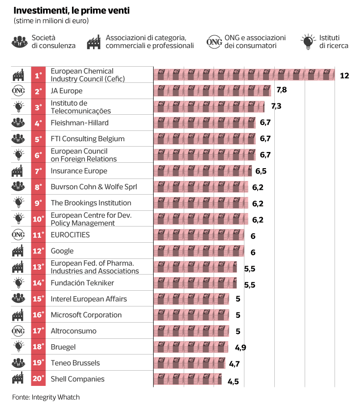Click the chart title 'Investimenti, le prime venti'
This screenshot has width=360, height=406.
tap(72, 10)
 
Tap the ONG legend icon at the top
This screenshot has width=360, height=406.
tap(215, 42)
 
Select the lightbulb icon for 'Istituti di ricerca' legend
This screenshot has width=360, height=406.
tap(308, 42)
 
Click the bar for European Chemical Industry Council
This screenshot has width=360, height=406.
tap(244, 75)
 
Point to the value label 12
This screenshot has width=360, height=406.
tap(344, 75)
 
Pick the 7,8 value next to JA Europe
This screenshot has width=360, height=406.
tap(282, 90)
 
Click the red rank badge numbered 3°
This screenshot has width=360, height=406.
tap(38, 107)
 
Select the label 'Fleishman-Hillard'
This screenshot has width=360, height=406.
tap(80, 123)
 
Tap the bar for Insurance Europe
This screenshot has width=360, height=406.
tap(203, 171)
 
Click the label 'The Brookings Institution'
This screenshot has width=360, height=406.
tap(91, 203)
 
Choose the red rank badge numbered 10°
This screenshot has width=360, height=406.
tap(38, 219)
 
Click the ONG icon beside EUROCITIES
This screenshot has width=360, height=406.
tap(18, 235)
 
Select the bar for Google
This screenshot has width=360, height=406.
tap(199, 251)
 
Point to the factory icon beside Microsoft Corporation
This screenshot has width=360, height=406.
tap(18, 315)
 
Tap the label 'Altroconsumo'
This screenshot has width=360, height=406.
tap(73, 331)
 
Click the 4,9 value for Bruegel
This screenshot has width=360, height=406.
tap(240, 347)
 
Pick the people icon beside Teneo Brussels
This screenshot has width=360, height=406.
tap(18, 363)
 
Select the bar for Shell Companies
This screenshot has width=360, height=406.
tap(188, 379)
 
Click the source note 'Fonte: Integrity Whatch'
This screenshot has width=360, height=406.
tap(46, 397)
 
